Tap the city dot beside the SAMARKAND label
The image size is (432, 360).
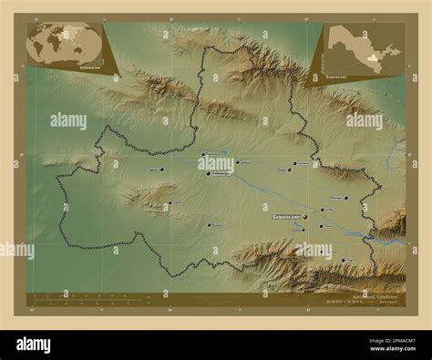[x=306, y=217]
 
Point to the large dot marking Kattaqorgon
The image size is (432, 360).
[x=208, y=172]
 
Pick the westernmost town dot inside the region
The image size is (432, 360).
[x=161, y=169]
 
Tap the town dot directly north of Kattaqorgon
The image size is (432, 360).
[x=203, y=154]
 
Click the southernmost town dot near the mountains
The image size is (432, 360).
[x=338, y=261]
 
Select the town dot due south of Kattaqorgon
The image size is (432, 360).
[x=209, y=223]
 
